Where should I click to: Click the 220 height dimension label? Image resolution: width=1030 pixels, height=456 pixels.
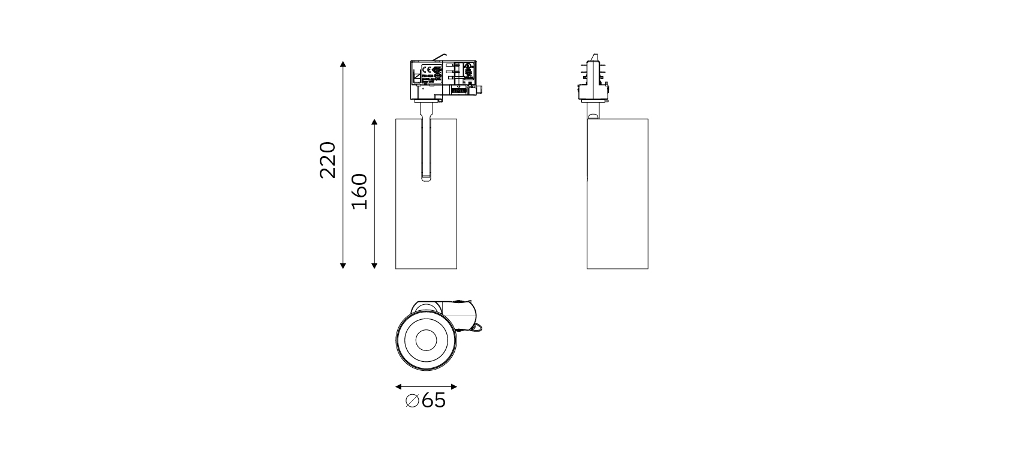328,160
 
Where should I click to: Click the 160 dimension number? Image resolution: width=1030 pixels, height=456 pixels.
359,191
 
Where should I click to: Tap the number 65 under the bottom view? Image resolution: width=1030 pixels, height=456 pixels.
434,401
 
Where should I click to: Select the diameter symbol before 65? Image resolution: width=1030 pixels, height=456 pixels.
412,401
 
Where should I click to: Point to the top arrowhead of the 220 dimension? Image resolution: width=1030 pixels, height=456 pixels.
343,64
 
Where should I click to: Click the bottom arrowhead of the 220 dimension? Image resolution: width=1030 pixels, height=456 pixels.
343,265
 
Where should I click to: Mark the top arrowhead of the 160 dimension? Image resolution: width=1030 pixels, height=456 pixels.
374,122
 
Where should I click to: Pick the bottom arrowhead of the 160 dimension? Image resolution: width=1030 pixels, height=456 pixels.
374,265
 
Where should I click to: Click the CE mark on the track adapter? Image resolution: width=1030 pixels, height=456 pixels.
428,69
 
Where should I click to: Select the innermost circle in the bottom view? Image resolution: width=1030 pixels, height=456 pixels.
426,340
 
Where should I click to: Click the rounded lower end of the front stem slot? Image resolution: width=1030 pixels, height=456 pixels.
426,178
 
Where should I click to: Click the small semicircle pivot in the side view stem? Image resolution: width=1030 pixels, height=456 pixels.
593,116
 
